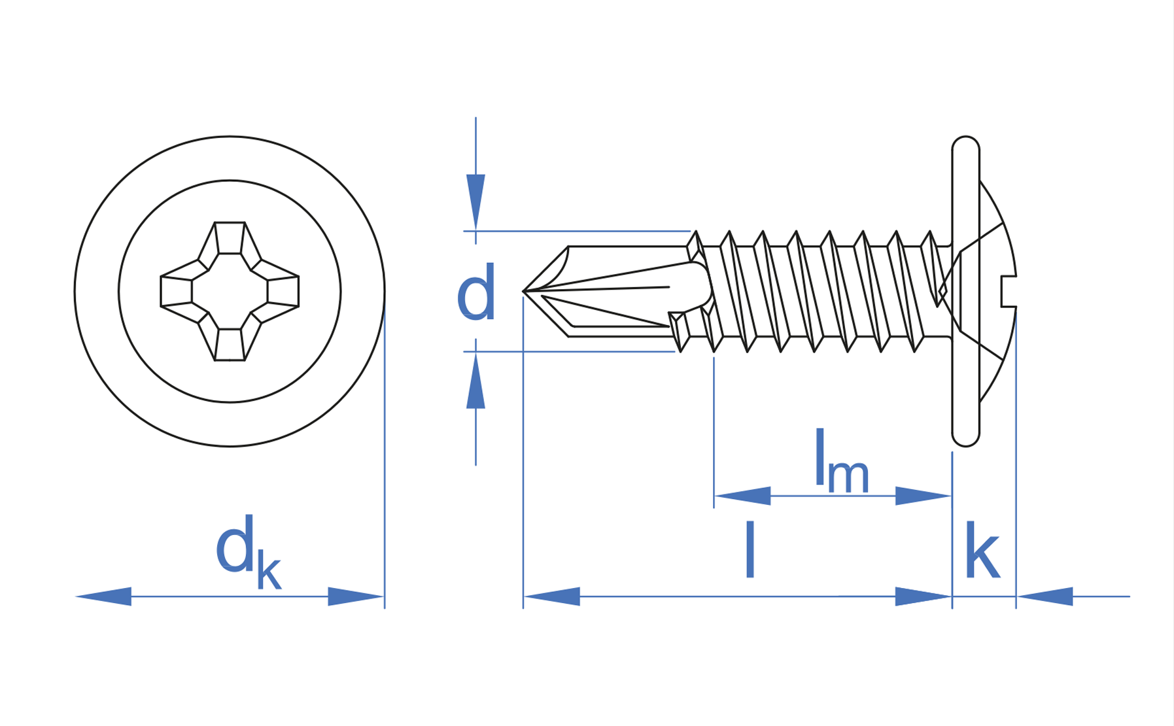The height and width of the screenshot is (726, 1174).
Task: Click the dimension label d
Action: pos(476,292)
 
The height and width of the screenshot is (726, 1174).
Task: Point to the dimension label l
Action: pos(750,551)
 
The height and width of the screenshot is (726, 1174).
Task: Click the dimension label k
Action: pos(982,551)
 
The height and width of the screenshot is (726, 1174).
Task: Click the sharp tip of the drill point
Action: pos(525,291)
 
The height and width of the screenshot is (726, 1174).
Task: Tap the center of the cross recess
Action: pos(230,292)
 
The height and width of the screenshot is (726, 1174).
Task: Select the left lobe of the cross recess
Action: pos(177,292)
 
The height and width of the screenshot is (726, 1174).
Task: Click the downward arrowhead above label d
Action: pos(475,200)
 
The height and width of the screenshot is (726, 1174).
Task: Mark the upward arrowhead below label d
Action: pos(475,382)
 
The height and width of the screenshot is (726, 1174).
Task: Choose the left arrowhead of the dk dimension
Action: pos(105,596)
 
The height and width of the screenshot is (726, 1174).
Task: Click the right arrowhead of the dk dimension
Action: pos(355,596)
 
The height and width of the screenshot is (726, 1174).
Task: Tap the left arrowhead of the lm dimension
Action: pos(742,496)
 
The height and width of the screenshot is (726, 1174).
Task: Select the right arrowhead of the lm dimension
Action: pos(922,496)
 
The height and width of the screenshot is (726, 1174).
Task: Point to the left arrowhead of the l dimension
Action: pos(553,596)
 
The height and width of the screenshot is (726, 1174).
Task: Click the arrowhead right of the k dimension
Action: pos(1045,596)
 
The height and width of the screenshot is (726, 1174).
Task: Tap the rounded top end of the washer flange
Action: pos(965,145)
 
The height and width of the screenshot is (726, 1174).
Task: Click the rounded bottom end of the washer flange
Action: pos(965,438)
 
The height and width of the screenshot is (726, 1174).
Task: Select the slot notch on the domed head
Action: pos(1009,291)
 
